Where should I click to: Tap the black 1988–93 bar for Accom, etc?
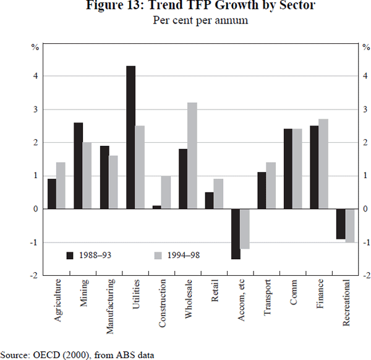click(x=236, y=234)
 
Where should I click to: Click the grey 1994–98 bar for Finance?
click(x=323, y=164)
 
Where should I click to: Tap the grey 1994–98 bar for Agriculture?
click(x=61, y=186)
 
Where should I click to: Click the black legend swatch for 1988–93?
click(x=70, y=255)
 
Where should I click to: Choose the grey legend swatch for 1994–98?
click(x=156, y=255)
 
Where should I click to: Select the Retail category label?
click(x=215, y=291)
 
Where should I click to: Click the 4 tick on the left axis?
click(x=36, y=76)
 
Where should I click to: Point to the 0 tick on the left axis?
click(x=36, y=209)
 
